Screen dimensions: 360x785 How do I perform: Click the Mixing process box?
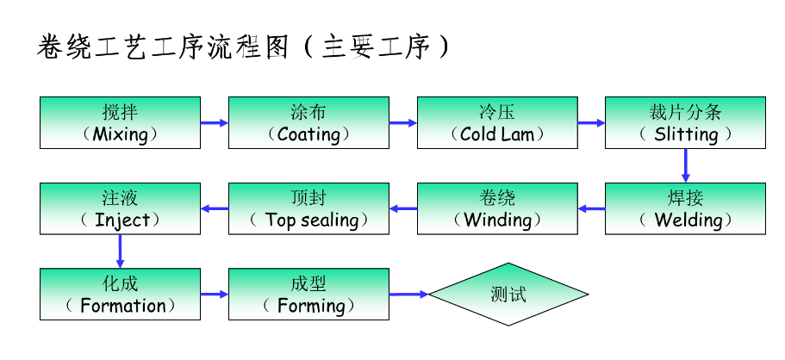(120, 122)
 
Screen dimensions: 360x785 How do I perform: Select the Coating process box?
(308, 122)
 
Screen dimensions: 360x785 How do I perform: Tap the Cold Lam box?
(497, 122)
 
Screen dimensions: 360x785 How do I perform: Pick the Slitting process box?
(685, 122)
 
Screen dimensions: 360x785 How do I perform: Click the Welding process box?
(685, 208)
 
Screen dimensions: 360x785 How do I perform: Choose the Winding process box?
(497, 208)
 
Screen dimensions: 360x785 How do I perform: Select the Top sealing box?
(308, 208)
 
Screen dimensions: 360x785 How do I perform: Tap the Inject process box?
(120, 208)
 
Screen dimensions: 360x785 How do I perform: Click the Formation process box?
(120, 294)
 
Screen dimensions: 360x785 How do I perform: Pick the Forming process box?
(308, 294)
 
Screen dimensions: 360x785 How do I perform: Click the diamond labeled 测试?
(508, 295)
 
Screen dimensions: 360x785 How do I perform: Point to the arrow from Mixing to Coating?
(214, 123)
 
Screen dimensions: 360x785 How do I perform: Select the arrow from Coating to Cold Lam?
(402, 123)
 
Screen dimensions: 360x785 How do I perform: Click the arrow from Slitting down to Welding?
(686, 165)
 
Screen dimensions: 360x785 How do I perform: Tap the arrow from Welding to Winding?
(591, 208)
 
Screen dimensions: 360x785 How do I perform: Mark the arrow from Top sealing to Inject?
(214, 208)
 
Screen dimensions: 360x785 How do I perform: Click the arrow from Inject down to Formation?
(120, 251)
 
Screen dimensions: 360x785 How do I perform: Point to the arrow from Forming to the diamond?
(408, 295)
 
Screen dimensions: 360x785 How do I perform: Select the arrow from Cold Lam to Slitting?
(591, 123)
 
